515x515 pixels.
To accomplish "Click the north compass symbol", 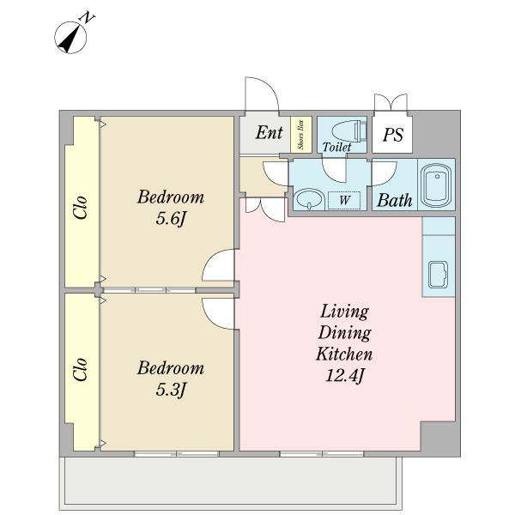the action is click(70, 37).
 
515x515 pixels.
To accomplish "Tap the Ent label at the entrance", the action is click(269, 133).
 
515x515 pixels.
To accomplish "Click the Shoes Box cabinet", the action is click(301, 135).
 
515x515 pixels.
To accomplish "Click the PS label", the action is click(393, 135).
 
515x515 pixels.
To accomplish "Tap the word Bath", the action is click(395, 200).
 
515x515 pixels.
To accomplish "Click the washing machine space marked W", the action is click(344, 200).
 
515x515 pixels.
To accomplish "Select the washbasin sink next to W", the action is click(308, 199).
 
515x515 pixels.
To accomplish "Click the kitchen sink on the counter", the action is click(438, 275).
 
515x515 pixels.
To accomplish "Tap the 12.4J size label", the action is click(344, 375).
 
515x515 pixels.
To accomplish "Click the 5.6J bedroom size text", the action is click(171, 218).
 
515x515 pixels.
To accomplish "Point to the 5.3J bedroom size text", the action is click(171, 389).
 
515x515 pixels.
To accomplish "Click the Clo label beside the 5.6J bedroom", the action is click(81, 207).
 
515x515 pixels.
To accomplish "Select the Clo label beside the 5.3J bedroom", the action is click(81, 369).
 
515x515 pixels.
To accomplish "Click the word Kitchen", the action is click(344, 354).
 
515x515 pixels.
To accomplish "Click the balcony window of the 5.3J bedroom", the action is click(177, 454).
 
